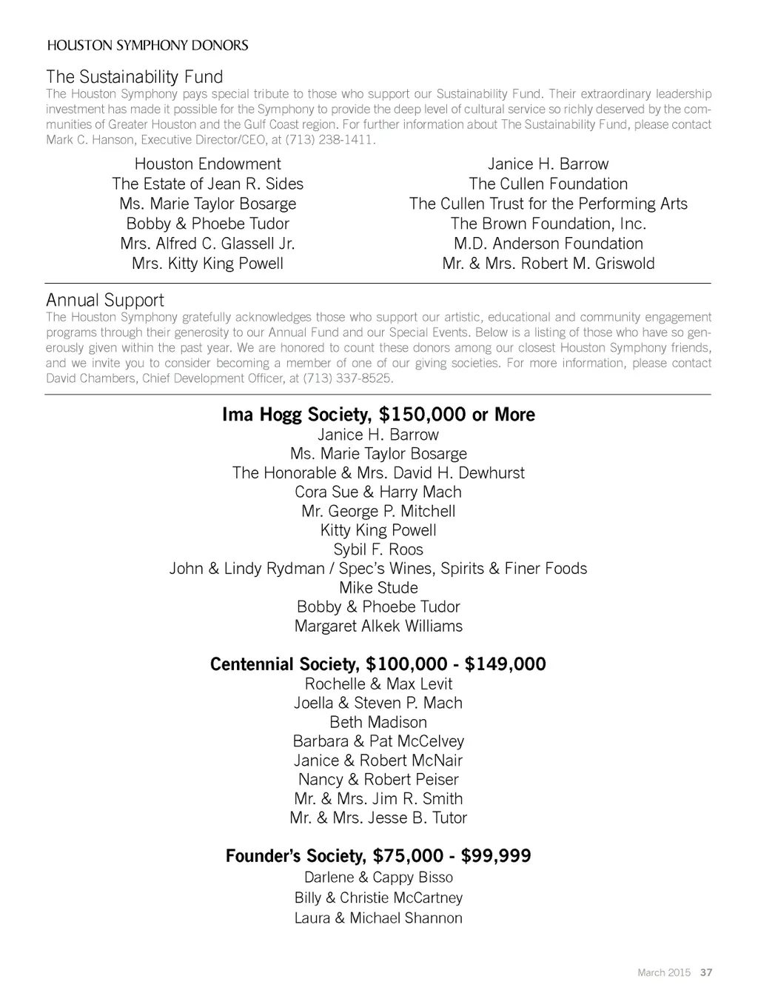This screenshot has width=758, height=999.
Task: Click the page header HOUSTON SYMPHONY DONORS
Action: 147,45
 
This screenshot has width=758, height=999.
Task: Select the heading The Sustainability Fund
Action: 134,77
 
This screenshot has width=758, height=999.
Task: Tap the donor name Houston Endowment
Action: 207,164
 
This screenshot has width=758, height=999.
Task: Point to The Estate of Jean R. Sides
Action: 207,184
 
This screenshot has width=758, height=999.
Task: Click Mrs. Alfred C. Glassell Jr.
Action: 207,244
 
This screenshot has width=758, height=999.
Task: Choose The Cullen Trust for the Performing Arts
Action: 548,204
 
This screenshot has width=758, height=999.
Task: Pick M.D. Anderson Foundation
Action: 548,244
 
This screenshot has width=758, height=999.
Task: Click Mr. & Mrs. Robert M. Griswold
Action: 548,264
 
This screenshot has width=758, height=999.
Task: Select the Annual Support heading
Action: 105,300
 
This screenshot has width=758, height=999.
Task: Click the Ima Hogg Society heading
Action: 378,415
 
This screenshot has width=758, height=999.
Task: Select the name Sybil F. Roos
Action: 378,549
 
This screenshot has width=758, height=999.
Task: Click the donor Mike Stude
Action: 378,588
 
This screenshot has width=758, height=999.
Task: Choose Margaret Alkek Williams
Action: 378,627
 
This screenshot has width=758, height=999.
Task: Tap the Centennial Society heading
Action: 378,664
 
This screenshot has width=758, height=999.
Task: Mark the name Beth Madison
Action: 378,722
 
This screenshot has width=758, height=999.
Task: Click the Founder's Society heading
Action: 378,857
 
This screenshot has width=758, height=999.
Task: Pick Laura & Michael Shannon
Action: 378,918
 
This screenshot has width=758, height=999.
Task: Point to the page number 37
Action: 706,972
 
